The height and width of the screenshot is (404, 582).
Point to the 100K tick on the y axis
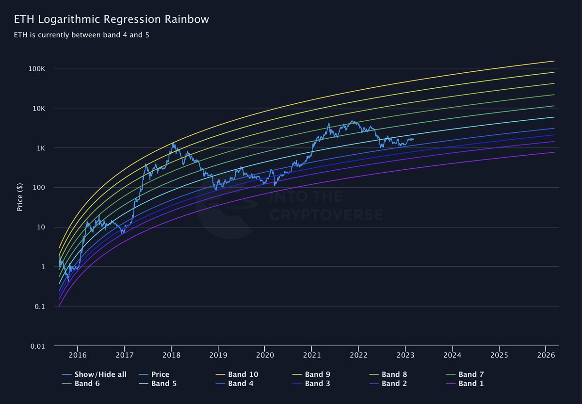[36, 69]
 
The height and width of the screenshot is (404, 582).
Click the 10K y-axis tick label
[38, 109]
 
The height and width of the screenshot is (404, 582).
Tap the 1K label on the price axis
[40, 148]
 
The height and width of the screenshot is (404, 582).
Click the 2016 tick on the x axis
[78, 356]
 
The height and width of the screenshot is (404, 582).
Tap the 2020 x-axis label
[264, 356]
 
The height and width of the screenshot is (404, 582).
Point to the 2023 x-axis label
[405, 356]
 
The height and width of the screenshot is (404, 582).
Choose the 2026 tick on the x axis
[546, 356]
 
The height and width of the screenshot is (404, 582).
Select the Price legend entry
[160, 374]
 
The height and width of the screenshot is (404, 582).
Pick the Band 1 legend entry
[468, 384]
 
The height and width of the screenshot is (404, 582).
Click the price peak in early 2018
[173, 143]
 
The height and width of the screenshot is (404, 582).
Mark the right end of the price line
[413, 140]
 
